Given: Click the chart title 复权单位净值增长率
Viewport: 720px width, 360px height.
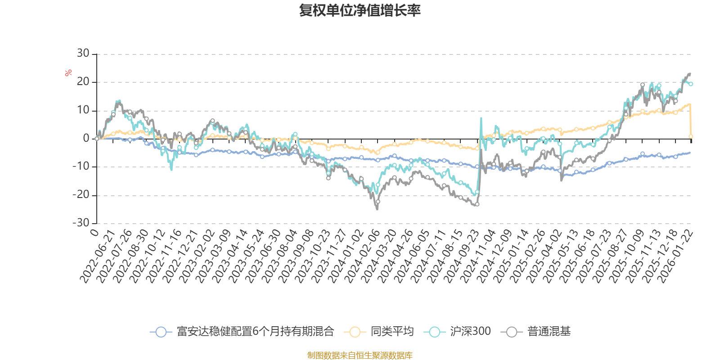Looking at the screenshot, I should [360, 10].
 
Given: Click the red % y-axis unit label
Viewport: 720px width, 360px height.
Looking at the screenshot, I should [68, 73].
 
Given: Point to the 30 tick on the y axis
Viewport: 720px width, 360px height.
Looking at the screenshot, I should [83, 54].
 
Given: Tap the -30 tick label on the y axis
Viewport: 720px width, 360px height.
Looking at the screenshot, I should [81, 223].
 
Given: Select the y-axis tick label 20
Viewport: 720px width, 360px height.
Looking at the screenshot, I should [83, 82].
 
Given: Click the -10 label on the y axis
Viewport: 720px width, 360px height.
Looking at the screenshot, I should [81, 166].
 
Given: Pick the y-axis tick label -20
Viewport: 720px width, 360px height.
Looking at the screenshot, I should [81, 195].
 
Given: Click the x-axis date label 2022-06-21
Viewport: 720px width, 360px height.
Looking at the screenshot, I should [97, 256].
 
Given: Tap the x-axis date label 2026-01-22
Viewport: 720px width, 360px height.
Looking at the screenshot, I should [675, 256].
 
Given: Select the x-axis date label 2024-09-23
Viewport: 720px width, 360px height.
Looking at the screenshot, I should [460, 256].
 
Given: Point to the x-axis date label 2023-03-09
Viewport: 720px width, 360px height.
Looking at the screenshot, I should [212, 256].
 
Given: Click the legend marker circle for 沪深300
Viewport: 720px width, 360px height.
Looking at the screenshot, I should [434, 332].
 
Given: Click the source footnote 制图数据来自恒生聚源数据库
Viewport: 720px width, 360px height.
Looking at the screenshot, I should [360, 355].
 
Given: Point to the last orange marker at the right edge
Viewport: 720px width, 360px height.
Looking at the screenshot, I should [691, 136].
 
